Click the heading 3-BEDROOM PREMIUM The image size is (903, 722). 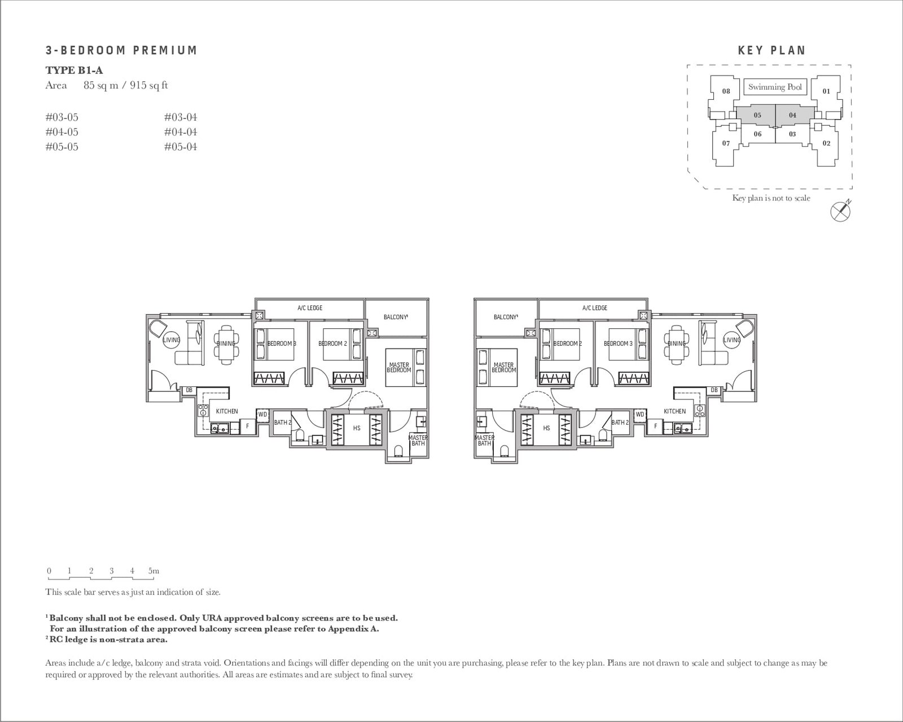121,50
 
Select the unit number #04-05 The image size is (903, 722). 62,132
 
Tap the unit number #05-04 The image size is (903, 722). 181,147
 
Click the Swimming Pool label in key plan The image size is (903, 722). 774,87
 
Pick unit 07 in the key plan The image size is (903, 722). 726,143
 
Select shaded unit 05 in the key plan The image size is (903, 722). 757,115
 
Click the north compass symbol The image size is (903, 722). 841,211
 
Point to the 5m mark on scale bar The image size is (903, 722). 154,571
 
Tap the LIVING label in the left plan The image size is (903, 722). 171,340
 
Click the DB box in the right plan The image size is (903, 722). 714,390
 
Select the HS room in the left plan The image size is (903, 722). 357,428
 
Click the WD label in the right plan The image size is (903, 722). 639,414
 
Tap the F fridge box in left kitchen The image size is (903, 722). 247,426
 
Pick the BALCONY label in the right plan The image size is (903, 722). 506,317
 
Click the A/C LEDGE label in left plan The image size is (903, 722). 310,308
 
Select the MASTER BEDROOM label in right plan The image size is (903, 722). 503,368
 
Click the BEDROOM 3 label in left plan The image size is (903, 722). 282,344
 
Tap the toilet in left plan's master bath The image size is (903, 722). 399,450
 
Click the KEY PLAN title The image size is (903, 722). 772,50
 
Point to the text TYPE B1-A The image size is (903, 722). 74,71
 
